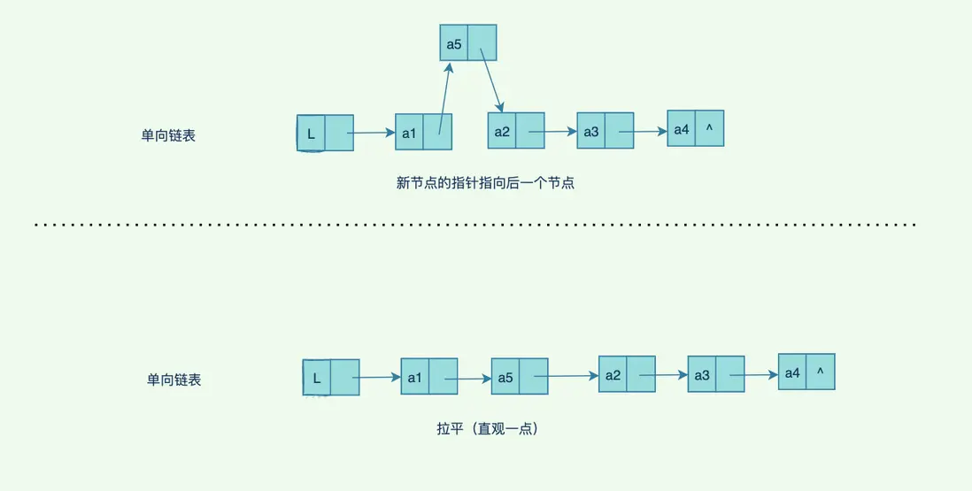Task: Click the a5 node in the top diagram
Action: (468, 42)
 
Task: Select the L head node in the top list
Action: (325, 134)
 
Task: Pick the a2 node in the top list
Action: (515, 131)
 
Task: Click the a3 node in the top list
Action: (605, 131)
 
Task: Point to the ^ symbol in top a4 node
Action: (709, 129)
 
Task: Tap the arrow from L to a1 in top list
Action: (373, 134)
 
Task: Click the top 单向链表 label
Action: (168, 136)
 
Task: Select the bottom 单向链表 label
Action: (174, 380)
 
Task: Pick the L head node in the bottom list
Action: (331, 377)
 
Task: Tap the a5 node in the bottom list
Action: (520, 376)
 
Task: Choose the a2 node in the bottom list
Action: (627, 373)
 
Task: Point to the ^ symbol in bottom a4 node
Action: (820, 372)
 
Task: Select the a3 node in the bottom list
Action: (715, 374)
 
